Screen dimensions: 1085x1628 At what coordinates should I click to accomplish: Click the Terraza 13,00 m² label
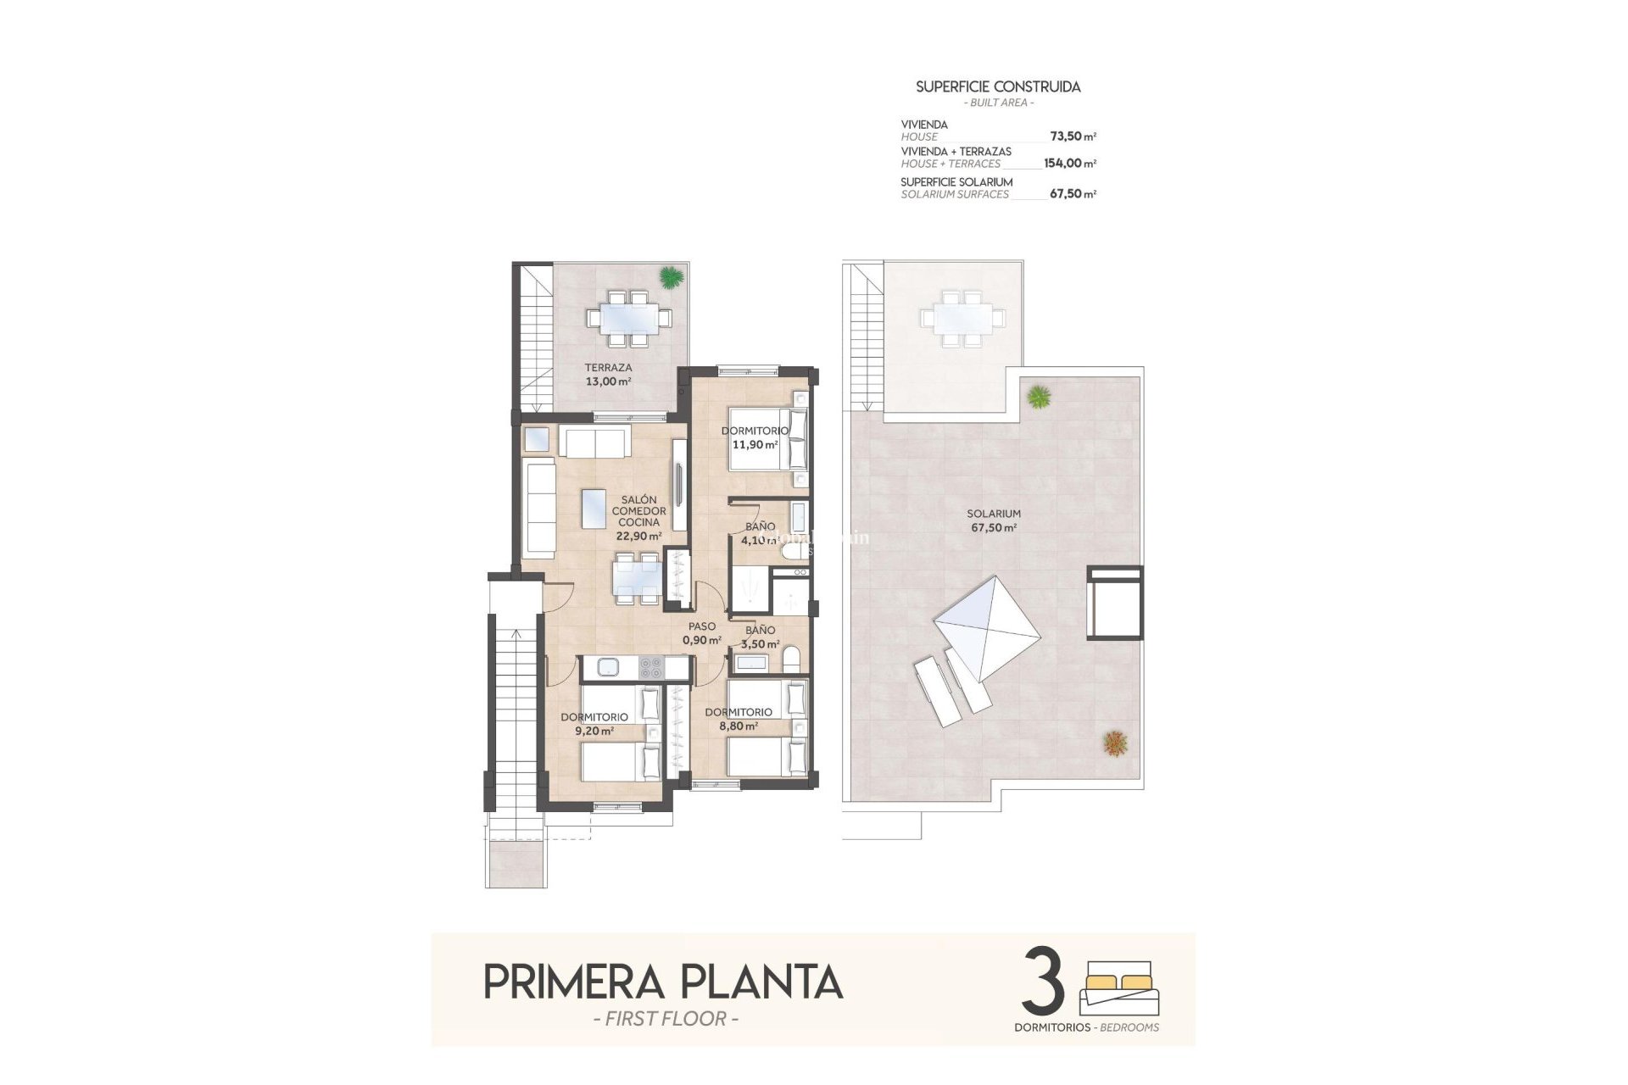[608, 375]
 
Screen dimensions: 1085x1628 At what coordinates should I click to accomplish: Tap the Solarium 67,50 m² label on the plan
[994, 520]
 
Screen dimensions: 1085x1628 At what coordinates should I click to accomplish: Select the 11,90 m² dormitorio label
[755, 437]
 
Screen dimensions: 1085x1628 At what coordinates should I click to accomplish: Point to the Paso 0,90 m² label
[702, 633]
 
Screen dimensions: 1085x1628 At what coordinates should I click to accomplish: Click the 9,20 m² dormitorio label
[594, 723]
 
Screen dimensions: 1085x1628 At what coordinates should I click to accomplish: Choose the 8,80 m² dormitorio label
[738, 719]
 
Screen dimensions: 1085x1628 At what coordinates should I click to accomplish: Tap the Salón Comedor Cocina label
[638, 517]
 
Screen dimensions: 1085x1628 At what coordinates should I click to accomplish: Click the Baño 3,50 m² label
[760, 637]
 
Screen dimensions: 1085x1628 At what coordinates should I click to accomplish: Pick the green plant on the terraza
[670, 277]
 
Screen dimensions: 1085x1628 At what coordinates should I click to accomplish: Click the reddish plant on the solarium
[1115, 743]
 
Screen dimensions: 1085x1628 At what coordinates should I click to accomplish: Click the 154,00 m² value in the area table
[1069, 164]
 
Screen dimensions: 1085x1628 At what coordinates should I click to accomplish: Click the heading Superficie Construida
[998, 86]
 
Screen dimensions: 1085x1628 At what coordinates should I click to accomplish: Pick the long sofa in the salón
[540, 509]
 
